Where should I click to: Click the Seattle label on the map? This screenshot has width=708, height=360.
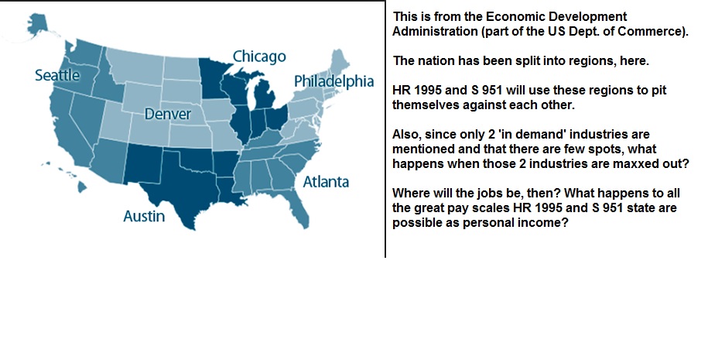[x=57, y=75]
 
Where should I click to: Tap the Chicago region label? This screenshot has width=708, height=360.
[x=259, y=57]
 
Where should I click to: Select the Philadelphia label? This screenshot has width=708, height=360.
[x=334, y=81]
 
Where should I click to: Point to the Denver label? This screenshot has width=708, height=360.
[x=167, y=114]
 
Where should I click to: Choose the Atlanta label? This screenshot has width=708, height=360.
[x=326, y=182]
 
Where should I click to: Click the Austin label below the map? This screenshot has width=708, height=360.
[x=144, y=216]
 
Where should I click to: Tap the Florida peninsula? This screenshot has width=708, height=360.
[x=297, y=207]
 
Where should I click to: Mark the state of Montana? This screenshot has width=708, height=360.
[x=135, y=67]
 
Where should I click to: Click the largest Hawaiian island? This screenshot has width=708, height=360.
[x=82, y=186]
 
